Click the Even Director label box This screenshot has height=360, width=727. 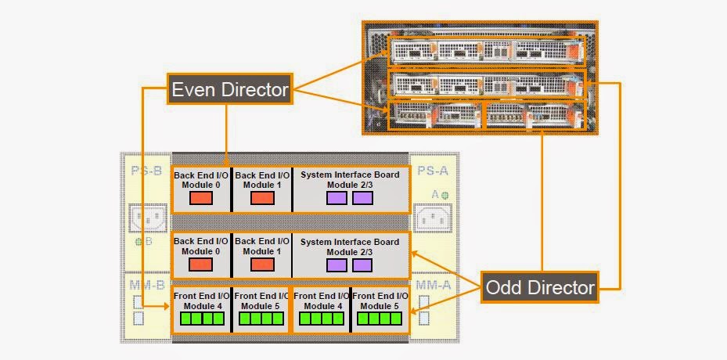click(229, 90)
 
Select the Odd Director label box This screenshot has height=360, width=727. click(540, 287)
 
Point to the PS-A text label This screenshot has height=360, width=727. click(432, 171)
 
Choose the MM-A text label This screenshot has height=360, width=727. click(433, 286)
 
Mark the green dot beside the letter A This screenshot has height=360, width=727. click(444, 194)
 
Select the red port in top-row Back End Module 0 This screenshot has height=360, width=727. click(201, 198)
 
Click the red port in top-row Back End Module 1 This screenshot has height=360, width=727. click(262, 198)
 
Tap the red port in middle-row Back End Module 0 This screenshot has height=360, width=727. click(201, 265)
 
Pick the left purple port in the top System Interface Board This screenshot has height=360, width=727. click(337, 198)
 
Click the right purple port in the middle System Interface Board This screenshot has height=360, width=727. click(362, 265)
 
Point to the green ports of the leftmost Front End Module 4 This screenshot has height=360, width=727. click(201, 319)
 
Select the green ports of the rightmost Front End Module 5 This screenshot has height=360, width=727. click(380, 319)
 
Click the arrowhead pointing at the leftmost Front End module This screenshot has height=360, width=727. click(167, 308)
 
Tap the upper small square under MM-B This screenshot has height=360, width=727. click(139, 303)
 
